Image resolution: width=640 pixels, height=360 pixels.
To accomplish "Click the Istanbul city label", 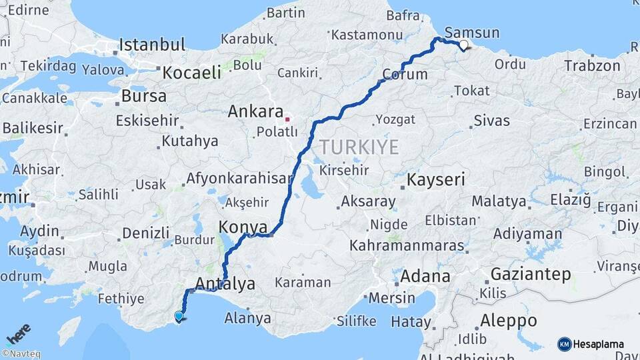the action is pyautogui.click(x=152, y=45).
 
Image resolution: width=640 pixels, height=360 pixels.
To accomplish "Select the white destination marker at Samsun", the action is pyautogui.click(x=463, y=45).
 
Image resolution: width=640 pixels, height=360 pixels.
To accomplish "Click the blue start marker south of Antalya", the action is pyautogui.click(x=179, y=317).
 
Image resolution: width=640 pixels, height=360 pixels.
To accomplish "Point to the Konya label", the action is pyautogui.click(x=243, y=227).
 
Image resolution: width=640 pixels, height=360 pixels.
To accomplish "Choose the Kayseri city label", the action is pyautogui.click(x=435, y=179).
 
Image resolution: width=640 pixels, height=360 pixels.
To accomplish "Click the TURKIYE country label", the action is pyautogui.click(x=358, y=147).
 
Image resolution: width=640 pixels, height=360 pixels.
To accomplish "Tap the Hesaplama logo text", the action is pyautogui.click(x=599, y=345).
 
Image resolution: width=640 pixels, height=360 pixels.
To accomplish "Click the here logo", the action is pyautogui.click(x=18, y=333).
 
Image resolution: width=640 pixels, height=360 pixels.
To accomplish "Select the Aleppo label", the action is pyautogui.click(x=508, y=320).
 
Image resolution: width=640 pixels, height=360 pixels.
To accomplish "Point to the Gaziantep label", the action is pyautogui.click(x=531, y=274).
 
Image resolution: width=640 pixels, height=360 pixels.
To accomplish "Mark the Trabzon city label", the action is pyautogui.click(x=592, y=66).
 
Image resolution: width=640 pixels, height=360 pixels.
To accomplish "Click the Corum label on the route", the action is pyautogui.click(x=405, y=74).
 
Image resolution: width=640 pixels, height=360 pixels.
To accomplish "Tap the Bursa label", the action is pyautogui.click(x=143, y=96).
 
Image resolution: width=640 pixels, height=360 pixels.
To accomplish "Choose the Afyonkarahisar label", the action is pyautogui.click(x=239, y=179).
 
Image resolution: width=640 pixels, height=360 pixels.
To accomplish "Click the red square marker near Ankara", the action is pyautogui.click(x=287, y=119).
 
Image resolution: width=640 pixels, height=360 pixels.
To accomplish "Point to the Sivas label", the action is pyautogui.click(x=491, y=121).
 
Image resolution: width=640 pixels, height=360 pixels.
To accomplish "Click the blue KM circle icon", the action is pyautogui.click(x=564, y=345).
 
